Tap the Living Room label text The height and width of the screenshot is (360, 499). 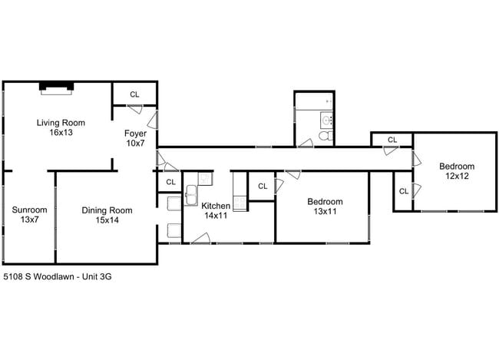[61, 123]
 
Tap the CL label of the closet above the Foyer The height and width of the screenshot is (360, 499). [135, 94]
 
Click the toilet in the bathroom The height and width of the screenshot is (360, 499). [326, 137]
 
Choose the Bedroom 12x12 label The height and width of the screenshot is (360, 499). [457, 171]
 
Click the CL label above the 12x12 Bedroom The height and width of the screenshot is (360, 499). [392, 140]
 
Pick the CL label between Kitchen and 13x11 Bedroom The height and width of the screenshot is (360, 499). [263, 187]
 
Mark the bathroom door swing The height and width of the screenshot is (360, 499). [305, 141]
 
